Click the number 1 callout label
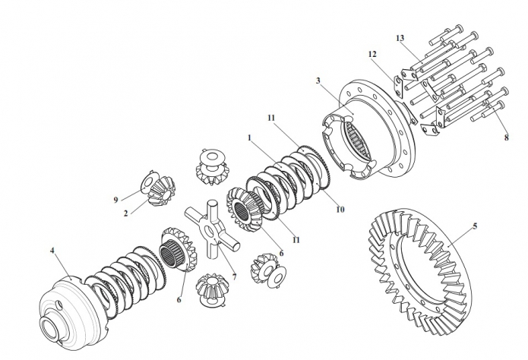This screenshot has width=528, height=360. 249,139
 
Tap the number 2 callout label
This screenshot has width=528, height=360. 127,213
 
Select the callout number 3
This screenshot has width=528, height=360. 318,81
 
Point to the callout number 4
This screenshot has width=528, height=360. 52,249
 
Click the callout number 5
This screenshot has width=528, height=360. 475,226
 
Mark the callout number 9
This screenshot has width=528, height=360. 116,200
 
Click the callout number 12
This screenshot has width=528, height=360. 372,54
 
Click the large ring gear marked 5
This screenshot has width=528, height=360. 425,266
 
